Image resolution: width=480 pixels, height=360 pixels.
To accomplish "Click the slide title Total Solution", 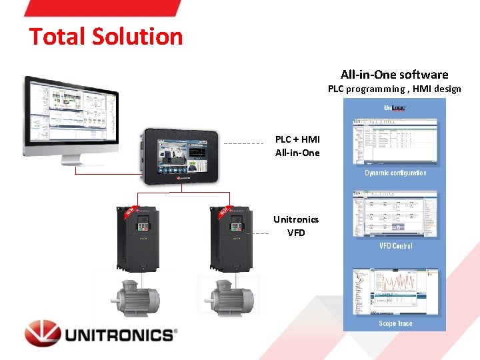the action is coord(105,36).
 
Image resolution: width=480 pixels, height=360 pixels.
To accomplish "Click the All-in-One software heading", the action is coord(394,75).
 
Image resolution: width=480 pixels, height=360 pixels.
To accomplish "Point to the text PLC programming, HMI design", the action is coord(394,89).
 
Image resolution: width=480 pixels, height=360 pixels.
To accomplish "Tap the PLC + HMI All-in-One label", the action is coord(297,146).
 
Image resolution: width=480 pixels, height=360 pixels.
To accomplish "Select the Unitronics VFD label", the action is coord(296,225).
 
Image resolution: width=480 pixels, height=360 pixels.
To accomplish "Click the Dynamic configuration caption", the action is coord(395,173).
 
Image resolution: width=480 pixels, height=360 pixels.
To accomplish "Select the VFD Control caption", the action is coord(395,246).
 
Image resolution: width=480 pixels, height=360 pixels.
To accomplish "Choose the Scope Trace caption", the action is coord(395,323).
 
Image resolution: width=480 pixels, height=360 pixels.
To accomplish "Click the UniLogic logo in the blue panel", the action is coord(395,108).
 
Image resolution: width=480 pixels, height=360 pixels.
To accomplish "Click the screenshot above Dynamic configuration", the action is coord(395,141).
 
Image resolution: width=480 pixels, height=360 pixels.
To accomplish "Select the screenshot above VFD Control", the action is coord(395,215).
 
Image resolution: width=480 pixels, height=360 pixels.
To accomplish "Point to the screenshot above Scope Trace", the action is coord(395,291).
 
